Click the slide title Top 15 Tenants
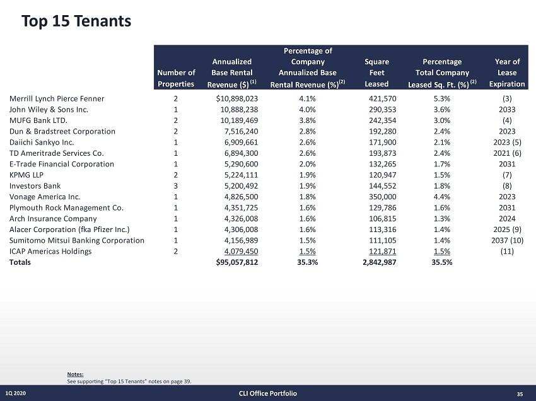pyautogui.click(x=76, y=21)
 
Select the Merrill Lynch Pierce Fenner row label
pyautogui.click(x=57, y=98)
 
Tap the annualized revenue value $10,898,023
pyautogui.click(x=236, y=98)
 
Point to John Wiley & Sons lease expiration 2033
pyautogui.click(x=507, y=109)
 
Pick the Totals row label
pyautogui.click(x=20, y=262)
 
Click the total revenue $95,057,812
pyautogui.click(x=236, y=262)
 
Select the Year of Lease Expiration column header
pyautogui.click(x=507, y=73)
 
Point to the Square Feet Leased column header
pyautogui.click(x=376, y=73)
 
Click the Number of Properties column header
pyautogui.click(x=176, y=78)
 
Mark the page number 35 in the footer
pyautogui.click(x=520, y=394)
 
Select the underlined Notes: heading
pyautogui.click(x=74, y=374)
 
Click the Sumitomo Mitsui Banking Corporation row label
pyautogui.click(x=77, y=240)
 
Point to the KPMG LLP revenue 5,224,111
pyautogui.click(x=240, y=175)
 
